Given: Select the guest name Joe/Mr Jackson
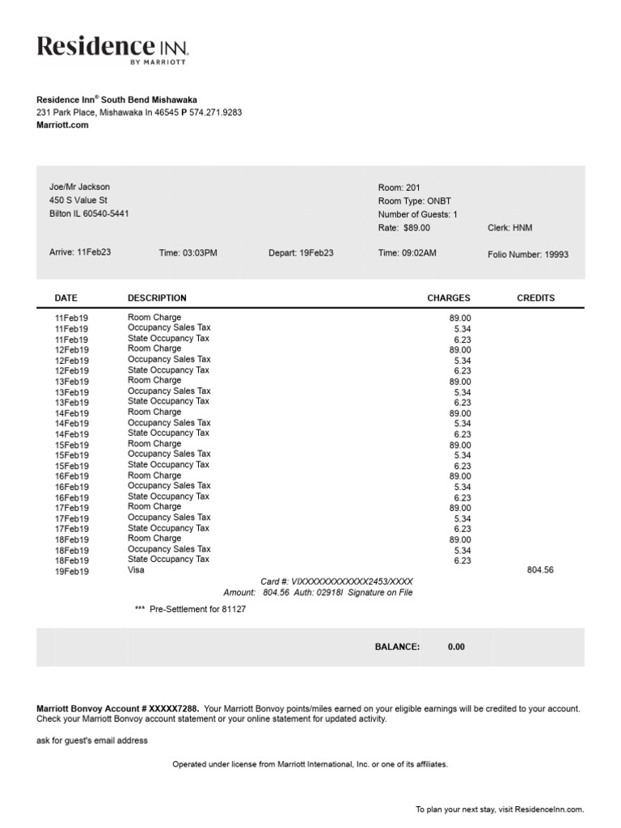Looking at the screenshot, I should point(79,187).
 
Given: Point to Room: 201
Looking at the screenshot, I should point(399,188).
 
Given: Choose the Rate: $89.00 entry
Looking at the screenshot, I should point(404,228).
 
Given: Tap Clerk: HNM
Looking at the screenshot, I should point(510,228).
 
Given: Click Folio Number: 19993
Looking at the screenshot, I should point(528,254).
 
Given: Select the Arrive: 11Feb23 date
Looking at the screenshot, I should point(80,252).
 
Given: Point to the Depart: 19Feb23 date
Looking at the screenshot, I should point(301,252).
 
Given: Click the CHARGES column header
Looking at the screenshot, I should point(448,298).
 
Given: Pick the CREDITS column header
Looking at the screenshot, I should point(535,298).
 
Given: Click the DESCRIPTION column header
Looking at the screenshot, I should point(157,298).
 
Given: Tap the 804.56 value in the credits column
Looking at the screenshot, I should point(540,570).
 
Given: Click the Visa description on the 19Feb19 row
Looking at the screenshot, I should point(136,570).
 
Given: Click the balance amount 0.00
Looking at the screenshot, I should point(456,647).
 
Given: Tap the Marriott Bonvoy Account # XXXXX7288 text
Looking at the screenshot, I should point(118,708).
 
